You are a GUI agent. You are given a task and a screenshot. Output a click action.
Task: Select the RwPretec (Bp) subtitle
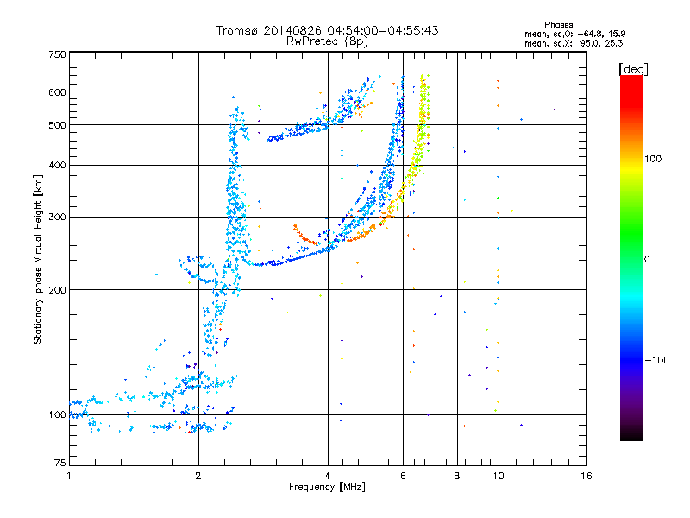coord(327,41)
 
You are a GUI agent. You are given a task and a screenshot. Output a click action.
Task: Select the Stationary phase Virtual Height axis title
coord(38,260)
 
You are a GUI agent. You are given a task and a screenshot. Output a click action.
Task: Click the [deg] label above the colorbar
coord(634,68)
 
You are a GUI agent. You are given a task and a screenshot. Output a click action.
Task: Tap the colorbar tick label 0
coord(646,259)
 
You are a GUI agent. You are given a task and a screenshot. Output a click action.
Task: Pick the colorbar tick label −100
coord(655,360)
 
